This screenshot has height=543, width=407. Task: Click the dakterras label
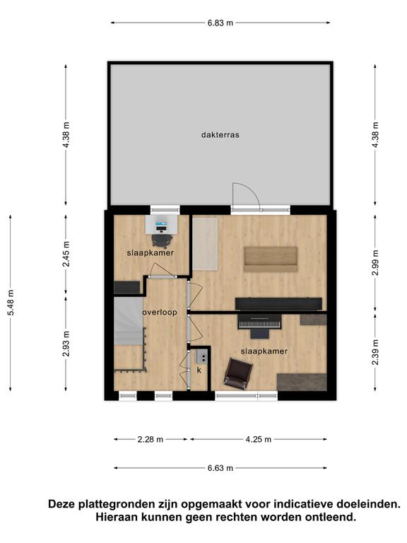220,135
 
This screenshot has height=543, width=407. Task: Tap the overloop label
160,312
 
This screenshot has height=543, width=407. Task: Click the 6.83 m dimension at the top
220,23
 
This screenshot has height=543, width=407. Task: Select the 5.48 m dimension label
11,303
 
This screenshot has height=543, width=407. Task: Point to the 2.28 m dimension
151,440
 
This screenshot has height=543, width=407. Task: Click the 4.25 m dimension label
258,440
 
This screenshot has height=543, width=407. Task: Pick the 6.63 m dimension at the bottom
220,468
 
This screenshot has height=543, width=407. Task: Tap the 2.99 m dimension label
375,262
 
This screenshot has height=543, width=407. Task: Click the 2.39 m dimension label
375,352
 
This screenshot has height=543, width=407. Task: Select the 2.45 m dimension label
66,254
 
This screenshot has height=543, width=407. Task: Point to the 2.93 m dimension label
66,344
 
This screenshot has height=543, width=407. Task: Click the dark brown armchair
238,373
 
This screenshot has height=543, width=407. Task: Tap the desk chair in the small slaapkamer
162,240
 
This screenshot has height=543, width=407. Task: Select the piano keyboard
260,324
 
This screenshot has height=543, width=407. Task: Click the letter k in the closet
199,370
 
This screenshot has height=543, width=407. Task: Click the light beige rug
205,244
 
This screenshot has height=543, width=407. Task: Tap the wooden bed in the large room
271,259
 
